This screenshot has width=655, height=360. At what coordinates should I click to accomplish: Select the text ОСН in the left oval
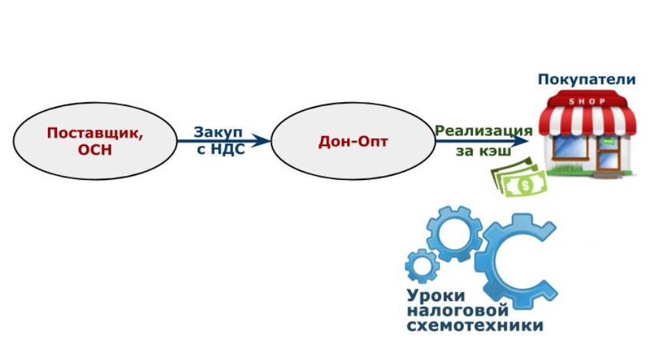[96, 149]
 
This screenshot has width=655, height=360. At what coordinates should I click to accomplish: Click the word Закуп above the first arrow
[219, 132]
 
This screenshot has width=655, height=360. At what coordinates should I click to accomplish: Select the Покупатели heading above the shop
[587, 80]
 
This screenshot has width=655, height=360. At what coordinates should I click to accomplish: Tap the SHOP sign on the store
[587, 101]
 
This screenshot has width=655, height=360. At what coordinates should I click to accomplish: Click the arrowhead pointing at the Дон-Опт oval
[263, 140]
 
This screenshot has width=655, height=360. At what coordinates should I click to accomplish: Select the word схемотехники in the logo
[475, 325]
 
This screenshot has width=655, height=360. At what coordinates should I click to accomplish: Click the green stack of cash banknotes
[520, 178]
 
